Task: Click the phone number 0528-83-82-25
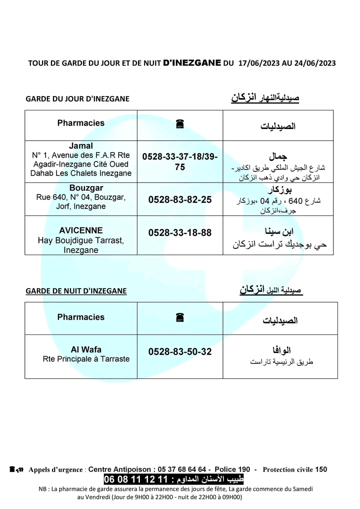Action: pyautogui.click(x=180, y=199)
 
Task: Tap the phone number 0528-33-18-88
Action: pyautogui.click(x=180, y=232)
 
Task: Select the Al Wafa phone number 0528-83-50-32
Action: pyautogui.click(x=180, y=352)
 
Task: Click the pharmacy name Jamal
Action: pyautogui.click(x=81, y=146)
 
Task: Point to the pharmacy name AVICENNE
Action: pyautogui.click(x=81, y=230)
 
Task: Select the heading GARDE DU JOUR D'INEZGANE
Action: pyautogui.click(x=77, y=99)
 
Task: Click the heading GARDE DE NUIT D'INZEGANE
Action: pyautogui.click(x=76, y=291)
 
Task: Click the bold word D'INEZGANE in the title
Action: pyautogui.click(x=192, y=63)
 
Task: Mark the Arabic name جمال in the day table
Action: pyautogui.click(x=278, y=156)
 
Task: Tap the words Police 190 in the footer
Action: pyautogui.click(x=232, y=469)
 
